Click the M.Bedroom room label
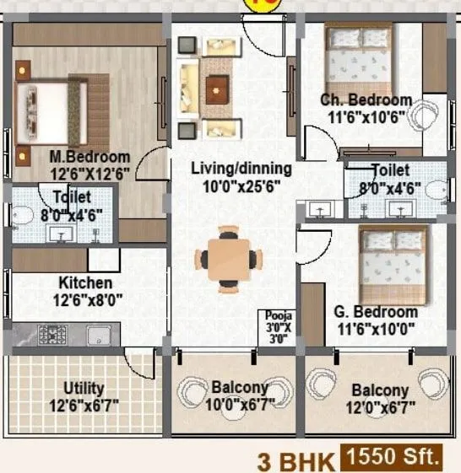[89, 157]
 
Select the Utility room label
[84, 388]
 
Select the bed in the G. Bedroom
[393, 261]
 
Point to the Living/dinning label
[241, 167]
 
